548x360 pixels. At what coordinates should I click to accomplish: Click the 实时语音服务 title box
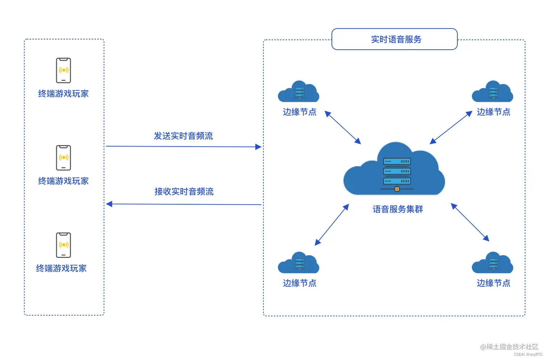click(394, 39)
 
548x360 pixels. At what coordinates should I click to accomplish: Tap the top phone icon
click(63, 70)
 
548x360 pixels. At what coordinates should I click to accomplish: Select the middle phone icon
click(63, 158)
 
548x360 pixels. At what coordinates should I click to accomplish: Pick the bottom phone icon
click(63, 245)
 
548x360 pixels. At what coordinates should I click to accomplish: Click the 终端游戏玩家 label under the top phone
click(63, 94)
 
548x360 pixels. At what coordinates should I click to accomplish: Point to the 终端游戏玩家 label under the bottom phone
click(61, 268)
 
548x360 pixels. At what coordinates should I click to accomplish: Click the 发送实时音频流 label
click(183, 136)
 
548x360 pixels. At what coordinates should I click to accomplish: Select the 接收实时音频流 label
click(184, 192)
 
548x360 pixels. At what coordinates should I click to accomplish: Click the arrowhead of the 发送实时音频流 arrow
click(258, 147)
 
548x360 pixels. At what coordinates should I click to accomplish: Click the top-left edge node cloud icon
click(299, 92)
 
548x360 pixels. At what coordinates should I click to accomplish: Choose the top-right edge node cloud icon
click(493, 92)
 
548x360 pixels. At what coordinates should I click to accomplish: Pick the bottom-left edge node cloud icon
click(299, 263)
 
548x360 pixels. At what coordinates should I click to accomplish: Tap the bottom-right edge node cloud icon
click(493, 263)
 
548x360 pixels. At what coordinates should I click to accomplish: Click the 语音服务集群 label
click(398, 209)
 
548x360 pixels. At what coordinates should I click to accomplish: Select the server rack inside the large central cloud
click(397, 173)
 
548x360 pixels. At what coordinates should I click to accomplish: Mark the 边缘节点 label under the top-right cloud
click(493, 112)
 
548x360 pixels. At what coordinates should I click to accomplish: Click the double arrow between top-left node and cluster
click(342, 127)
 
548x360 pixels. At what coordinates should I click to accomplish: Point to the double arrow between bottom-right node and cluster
click(470, 222)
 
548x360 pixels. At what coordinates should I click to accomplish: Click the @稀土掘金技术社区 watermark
click(509, 347)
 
